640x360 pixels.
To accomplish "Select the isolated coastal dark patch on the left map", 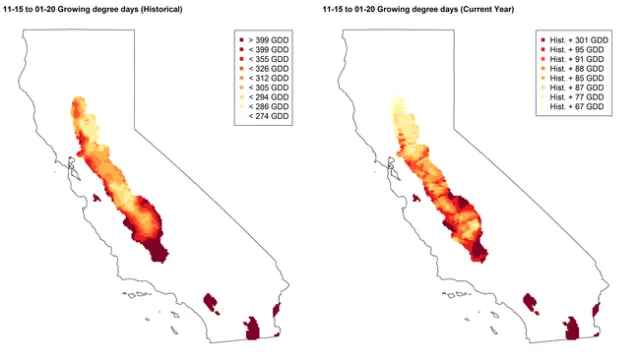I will point(97,198).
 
